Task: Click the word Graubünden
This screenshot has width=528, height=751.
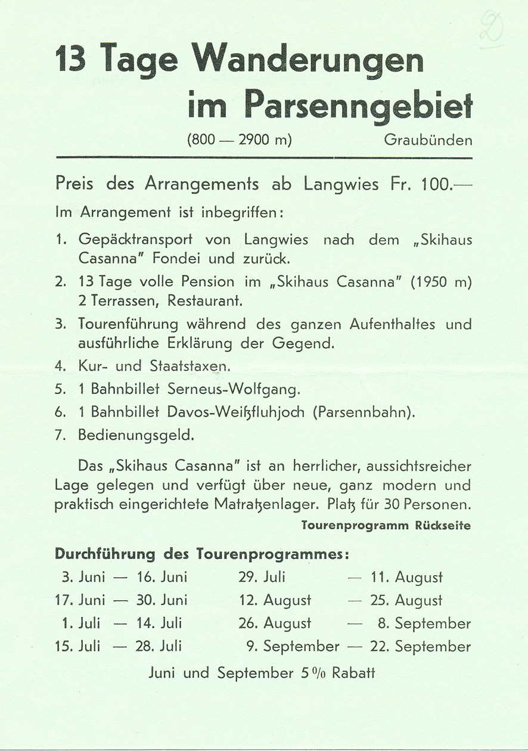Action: pyautogui.click(x=428, y=141)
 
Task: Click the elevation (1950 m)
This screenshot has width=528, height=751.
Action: pyautogui.click(x=440, y=282)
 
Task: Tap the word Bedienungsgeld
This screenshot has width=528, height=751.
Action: pyautogui.click(x=136, y=435)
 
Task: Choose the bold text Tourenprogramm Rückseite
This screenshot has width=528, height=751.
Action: pyautogui.click(x=386, y=526)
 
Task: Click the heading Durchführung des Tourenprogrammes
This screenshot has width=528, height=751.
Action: pyautogui.click(x=201, y=554)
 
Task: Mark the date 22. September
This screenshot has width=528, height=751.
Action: pyautogui.click(x=421, y=647)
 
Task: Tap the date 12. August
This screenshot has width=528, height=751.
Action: pyautogui.click(x=275, y=600)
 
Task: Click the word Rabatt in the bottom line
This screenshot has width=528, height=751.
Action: pyautogui.click(x=353, y=673)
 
